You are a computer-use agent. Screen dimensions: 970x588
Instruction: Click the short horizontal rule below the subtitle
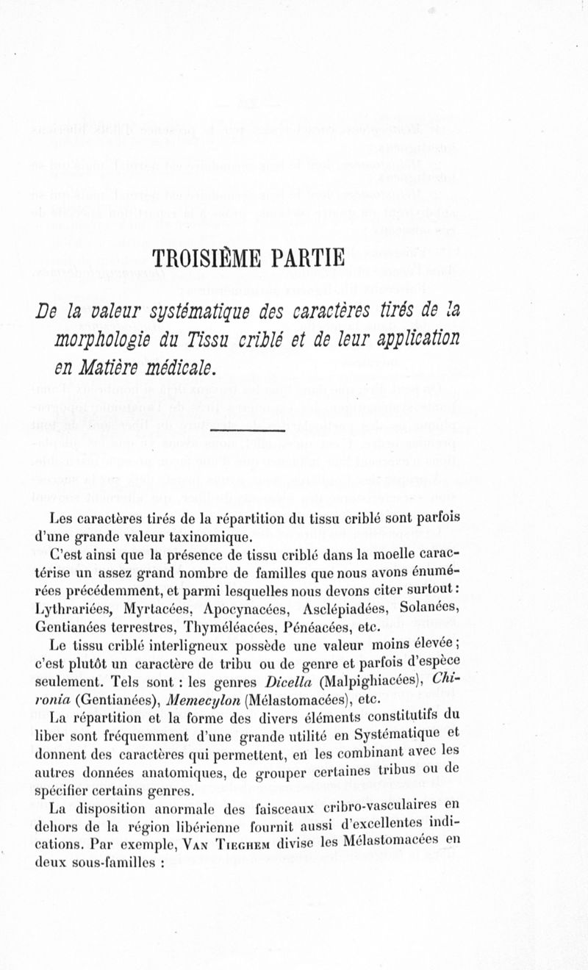coord(248,430)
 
